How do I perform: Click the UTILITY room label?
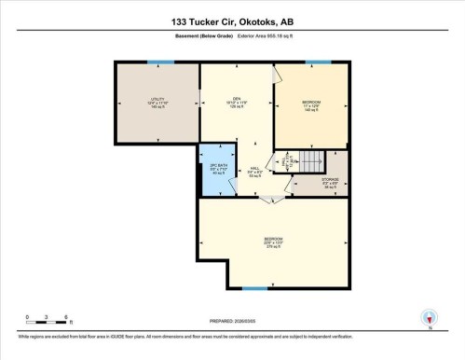tap(157, 103)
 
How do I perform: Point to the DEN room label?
tap(237, 103)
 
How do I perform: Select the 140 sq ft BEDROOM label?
tap(311, 103)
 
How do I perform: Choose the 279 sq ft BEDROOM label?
tap(273, 242)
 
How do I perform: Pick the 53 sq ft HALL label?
tap(254, 170)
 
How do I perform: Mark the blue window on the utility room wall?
tap(160, 62)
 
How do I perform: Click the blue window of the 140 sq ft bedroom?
tap(319, 62)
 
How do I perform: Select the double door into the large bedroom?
tap(270, 198)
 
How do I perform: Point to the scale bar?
tap(43, 322)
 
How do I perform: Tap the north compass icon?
tap(430, 318)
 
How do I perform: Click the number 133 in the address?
tap(185, 21)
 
